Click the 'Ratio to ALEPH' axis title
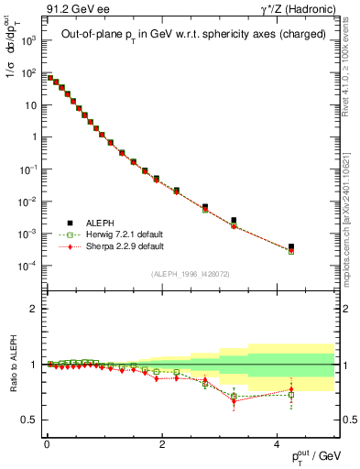click(13, 365)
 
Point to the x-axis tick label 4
click(278, 443)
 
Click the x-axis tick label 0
click(46, 443)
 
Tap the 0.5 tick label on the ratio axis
click(30, 420)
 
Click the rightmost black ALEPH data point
click(291, 246)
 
